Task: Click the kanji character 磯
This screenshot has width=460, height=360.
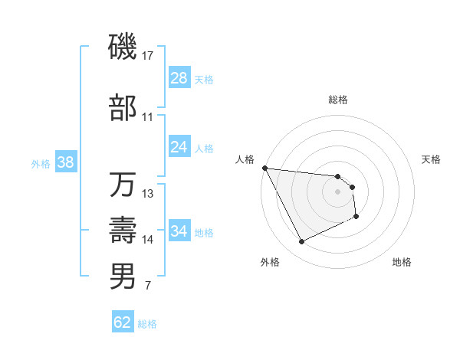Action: [123, 47]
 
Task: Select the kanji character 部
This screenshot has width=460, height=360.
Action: [123, 110]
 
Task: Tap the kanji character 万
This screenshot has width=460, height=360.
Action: [123, 185]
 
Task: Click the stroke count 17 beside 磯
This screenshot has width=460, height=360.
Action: [149, 55]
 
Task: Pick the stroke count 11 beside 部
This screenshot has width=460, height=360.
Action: [148, 117]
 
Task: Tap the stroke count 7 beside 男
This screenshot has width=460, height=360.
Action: [147, 286]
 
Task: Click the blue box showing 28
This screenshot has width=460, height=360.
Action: [179, 78]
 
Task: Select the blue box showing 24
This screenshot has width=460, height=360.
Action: [179, 147]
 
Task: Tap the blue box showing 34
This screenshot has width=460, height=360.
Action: [179, 231]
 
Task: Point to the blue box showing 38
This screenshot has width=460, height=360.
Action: [65, 162]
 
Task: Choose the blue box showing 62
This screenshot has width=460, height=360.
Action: [123, 322]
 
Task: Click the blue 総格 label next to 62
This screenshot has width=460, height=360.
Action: [147, 324]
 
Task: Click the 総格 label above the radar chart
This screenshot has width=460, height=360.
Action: [337, 100]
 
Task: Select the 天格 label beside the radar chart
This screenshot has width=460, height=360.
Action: [432, 160]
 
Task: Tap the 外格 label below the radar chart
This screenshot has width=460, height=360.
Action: [270, 262]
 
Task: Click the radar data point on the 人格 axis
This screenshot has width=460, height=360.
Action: [264, 168]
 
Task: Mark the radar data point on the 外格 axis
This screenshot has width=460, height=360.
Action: [301, 242]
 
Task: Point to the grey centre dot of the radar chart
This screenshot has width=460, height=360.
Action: [337, 191]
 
